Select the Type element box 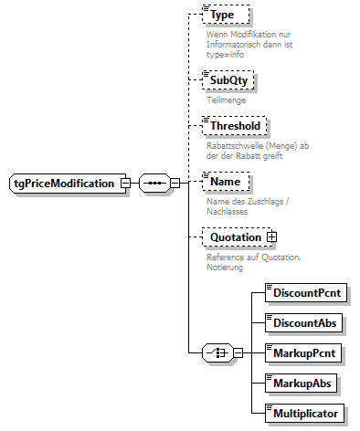point(224,16)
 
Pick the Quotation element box point(235,237)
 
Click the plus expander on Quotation point(271,237)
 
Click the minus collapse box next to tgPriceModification point(125,184)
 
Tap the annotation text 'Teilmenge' point(225,100)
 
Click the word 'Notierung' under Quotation point(228,267)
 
